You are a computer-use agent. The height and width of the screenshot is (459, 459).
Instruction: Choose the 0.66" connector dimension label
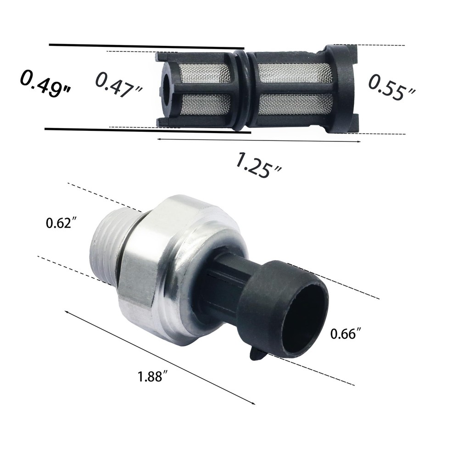344,334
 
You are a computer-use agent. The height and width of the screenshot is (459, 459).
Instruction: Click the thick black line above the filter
147,46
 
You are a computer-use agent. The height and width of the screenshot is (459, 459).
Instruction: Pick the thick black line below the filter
147,131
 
